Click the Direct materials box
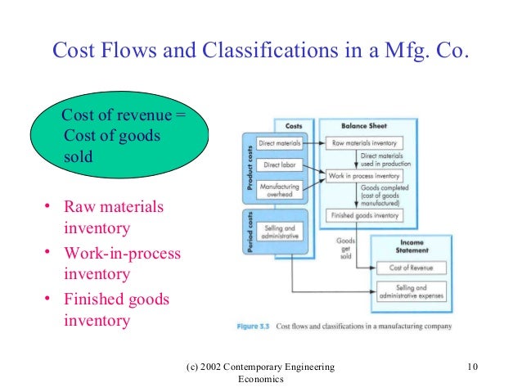pos(279,142)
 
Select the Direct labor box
pos(279,165)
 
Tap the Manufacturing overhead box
pos(279,191)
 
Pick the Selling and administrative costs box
pos(279,232)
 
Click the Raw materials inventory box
pos(363,142)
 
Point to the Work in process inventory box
pos(363,175)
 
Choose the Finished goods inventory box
pos(363,215)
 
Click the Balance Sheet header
pos(362,126)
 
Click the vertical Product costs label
pos(248,168)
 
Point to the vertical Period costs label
pos(248,232)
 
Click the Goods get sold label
pos(344,247)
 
